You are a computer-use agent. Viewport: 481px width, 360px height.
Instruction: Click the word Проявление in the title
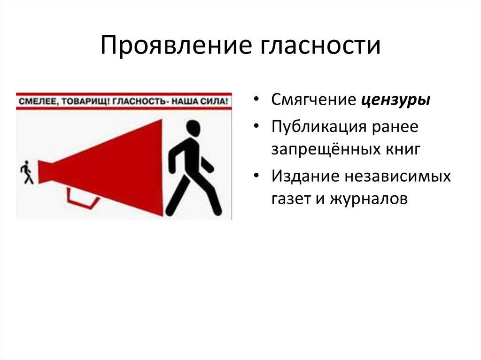(176, 46)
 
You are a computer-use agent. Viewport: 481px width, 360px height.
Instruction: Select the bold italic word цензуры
(396, 100)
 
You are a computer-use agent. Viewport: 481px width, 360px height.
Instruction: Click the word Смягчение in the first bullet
(313, 100)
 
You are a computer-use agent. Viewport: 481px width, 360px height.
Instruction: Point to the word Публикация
(319, 127)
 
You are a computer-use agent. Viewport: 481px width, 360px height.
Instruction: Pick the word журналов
(369, 199)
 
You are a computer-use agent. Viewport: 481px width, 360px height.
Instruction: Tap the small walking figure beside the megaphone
(27, 172)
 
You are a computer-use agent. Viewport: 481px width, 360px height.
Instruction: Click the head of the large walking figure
(193, 127)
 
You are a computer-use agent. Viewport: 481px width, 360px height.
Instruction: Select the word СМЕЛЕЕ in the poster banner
(37, 101)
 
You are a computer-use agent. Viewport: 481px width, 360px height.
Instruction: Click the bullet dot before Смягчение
(256, 100)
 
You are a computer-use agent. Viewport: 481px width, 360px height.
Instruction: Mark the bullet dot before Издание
(256, 176)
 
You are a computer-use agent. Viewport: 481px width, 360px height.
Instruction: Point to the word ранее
(395, 127)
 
